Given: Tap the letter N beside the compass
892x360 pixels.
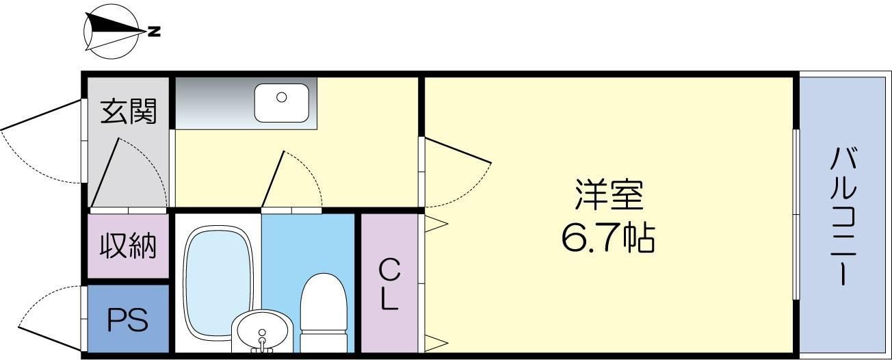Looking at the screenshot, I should (x=155, y=31).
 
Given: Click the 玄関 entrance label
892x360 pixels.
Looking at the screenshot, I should (x=129, y=111).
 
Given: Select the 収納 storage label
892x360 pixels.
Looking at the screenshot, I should (x=129, y=246).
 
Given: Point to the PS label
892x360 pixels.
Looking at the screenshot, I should (x=129, y=320).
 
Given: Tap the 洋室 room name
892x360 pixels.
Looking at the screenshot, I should (x=608, y=196).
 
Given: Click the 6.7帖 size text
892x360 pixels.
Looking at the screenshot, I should (x=608, y=238).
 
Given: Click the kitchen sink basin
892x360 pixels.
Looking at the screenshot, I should (x=282, y=102).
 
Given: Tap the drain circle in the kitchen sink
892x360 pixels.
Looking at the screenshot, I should (x=281, y=97).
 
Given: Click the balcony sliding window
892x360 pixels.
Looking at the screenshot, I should (x=796, y=214).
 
